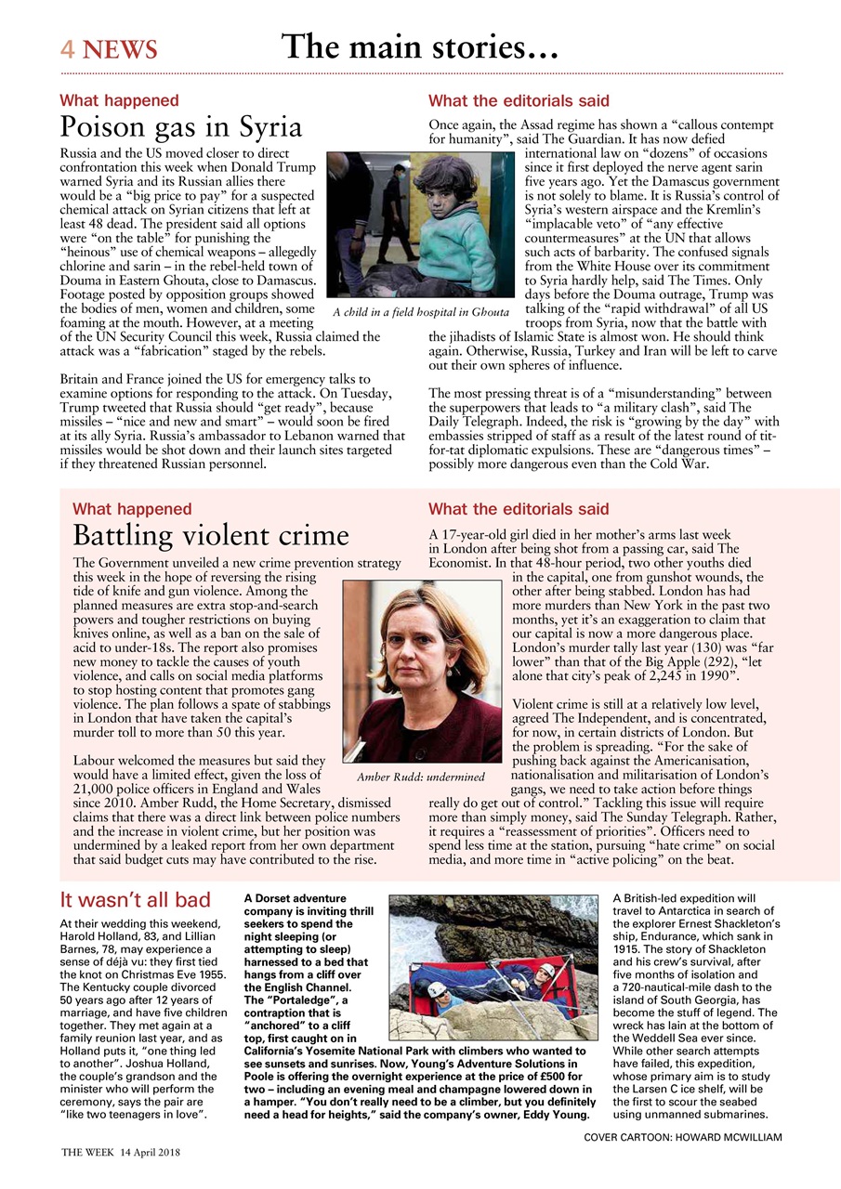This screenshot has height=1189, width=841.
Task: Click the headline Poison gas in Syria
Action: pyautogui.click(x=180, y=127)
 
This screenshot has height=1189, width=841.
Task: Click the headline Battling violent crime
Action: pyautogui.click(x=210, y=536)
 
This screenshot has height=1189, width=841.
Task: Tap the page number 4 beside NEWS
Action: pyautogui.click(x=68, y=49)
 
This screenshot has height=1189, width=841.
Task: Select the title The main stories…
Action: pyautogui.click(x=419, y=46)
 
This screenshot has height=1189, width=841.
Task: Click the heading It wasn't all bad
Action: pyautogui.click(x=135, y=900)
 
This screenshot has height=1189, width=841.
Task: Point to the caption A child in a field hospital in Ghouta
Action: pyautogui.click(x=420, y=312)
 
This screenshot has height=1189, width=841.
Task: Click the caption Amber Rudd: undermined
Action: pyautogui.click(x=421, y=777)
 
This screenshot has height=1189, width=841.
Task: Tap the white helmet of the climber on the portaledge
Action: pyautogui.click(x=547, y=972)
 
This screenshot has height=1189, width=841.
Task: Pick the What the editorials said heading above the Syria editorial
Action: pyautogui.click(x=519, y=100)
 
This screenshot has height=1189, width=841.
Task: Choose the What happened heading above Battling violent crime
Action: pyautogui.click(x=132, y=509)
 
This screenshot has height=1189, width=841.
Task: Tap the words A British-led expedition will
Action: pyautogui.click(x=685, y=899)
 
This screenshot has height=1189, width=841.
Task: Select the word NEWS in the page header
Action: pyautogui.click(x=120, y=49)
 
